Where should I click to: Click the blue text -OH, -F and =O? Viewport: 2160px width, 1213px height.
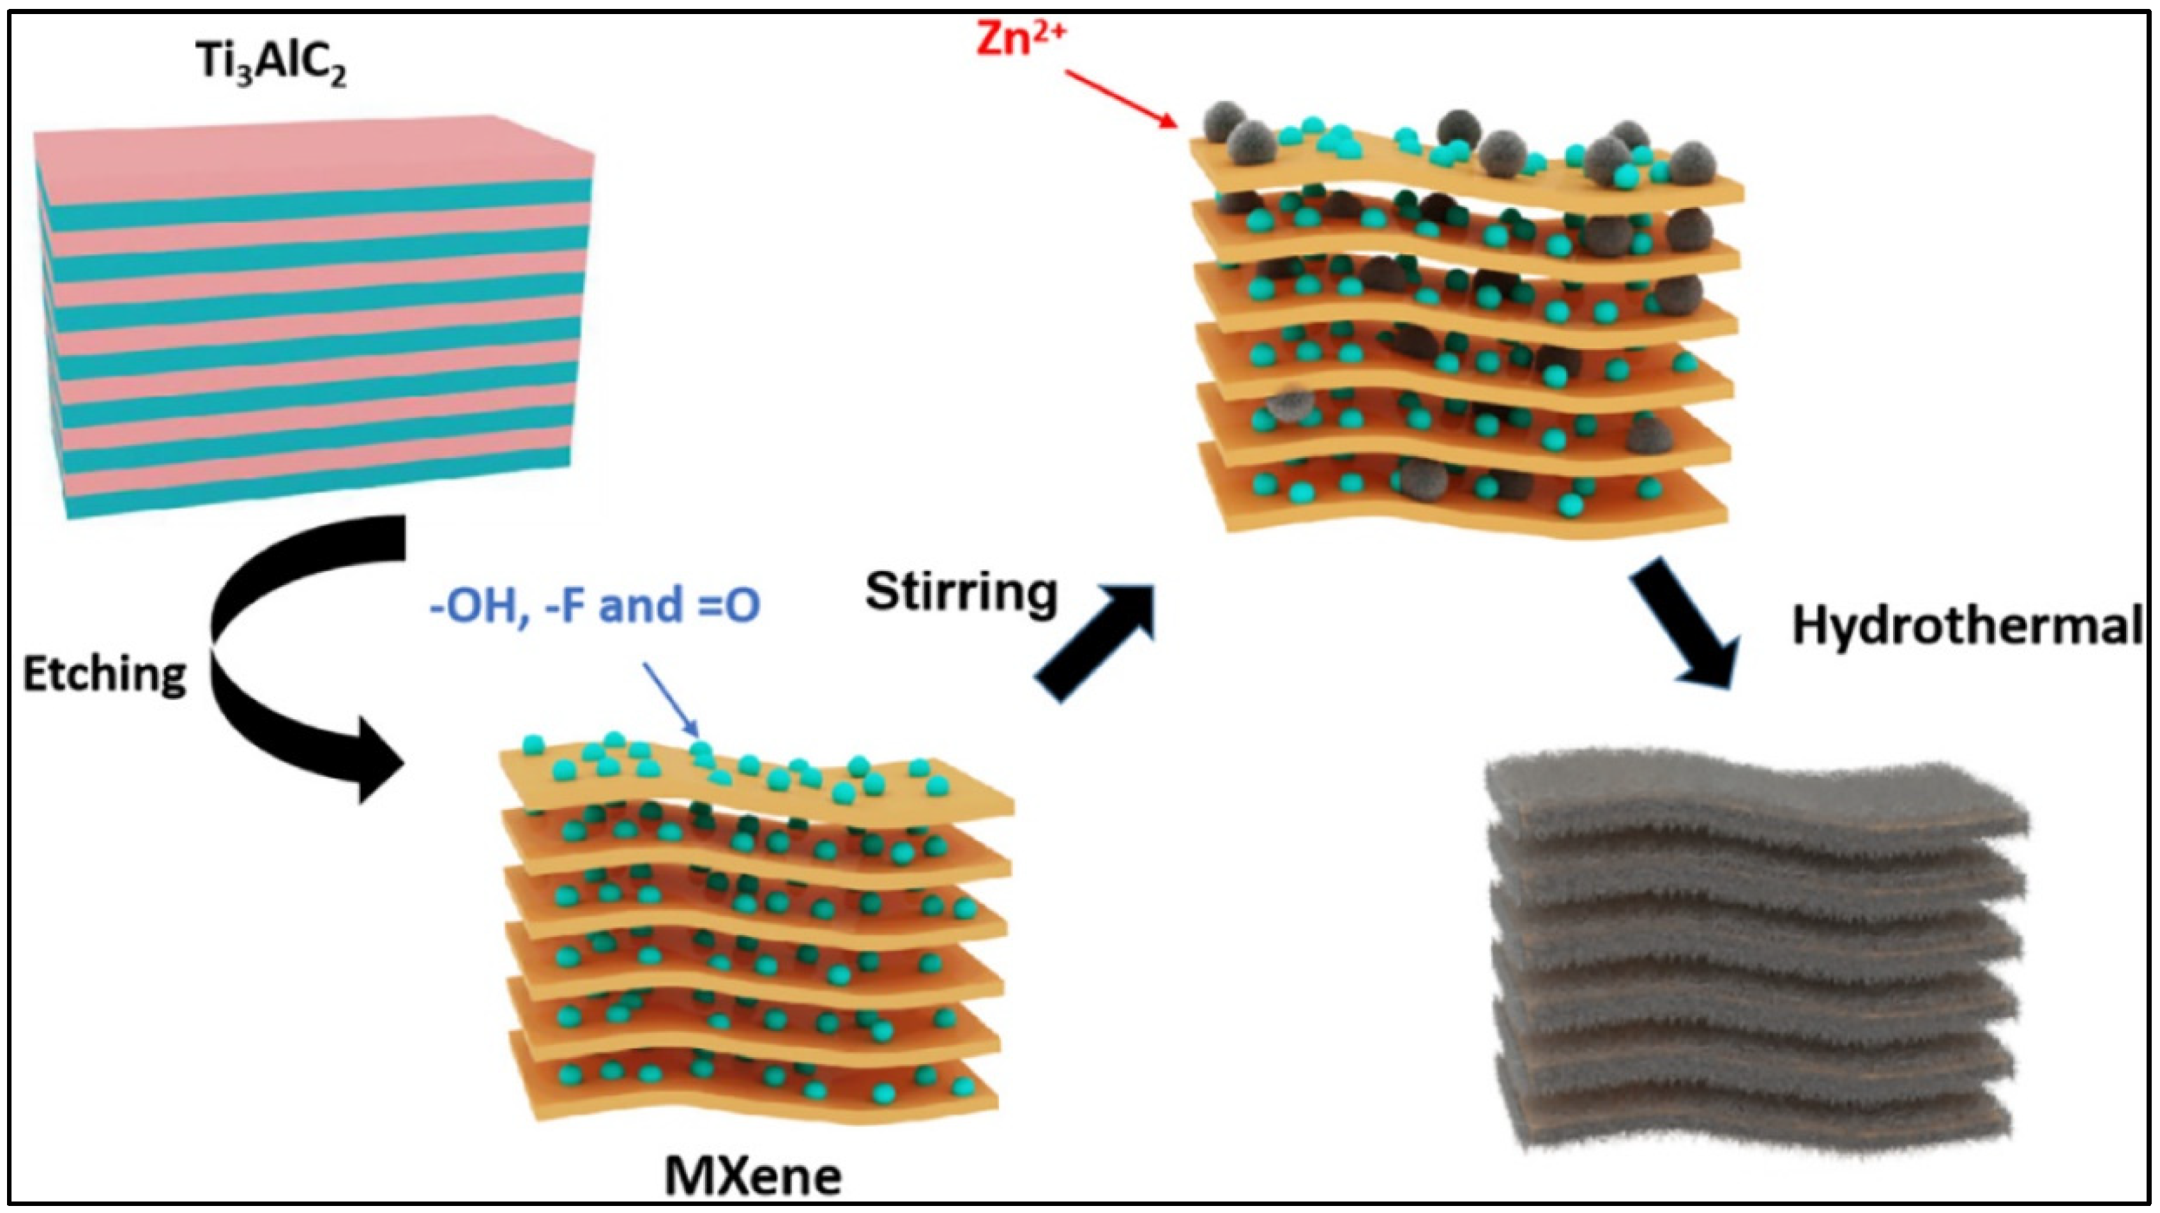point(594,605)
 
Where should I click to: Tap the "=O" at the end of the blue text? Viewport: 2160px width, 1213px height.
point(729,605)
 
